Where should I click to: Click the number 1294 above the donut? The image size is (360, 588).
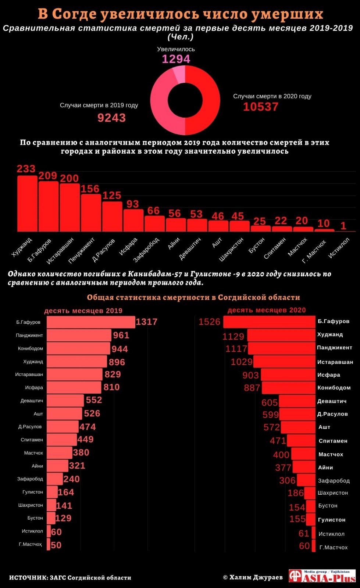(x=176, y=59)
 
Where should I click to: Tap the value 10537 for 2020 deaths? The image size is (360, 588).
(x=260, y=107)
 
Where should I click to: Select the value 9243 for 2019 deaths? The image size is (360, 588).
(x=111, y=118)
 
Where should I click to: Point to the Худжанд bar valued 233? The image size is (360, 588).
(x=27, y=204)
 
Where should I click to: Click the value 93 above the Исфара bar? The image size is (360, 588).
(x=133, y=204)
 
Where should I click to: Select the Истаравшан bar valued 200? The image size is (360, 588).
(x=70, y=208)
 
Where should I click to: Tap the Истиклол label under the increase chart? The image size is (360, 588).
(x=339, y=248)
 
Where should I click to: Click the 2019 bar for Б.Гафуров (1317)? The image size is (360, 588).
(x=90, y=322)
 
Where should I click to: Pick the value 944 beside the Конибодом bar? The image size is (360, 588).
(x=120, y=349)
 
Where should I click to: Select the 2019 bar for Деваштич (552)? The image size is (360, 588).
(x=65, y=401)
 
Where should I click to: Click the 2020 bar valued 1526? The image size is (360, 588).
(x=269, y=322)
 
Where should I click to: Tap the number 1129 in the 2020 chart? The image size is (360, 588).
(x=233, y=336)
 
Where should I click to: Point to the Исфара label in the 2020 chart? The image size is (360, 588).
(x=328, y=375)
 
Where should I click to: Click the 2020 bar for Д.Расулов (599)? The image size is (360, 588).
(x=298, y=415)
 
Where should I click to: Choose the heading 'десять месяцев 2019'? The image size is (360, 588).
(x=83, y=311)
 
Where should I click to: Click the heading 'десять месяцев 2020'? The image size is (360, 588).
(x=267, y=310)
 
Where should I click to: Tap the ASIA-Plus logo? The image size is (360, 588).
(x=322, y=576)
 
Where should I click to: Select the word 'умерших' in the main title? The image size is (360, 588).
(x=288, y=14)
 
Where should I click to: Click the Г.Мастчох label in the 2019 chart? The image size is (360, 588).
(x=30, y=544)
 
